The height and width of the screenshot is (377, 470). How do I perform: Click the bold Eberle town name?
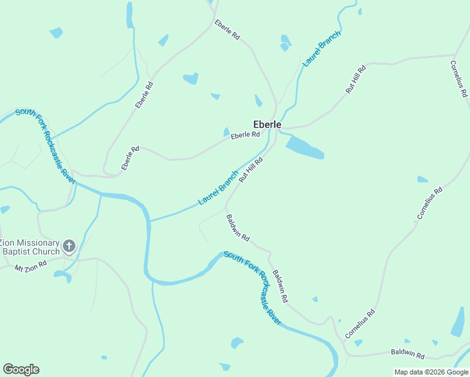tap(266, 124)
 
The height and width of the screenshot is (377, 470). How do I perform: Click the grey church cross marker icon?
tap(69, 246)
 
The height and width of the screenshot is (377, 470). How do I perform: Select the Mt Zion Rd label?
tap(31, 266)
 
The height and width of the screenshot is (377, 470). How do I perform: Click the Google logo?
tap(21, 369)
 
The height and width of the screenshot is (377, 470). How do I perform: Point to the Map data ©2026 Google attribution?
tap(431, 372)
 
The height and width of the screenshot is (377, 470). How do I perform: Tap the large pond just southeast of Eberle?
tap(305, 147)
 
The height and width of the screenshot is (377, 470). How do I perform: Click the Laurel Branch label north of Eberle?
tap(321, 48)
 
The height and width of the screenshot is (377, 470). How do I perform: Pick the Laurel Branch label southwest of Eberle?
tap(218, 188)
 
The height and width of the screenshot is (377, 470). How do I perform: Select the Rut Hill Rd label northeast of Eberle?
tap(356, 80)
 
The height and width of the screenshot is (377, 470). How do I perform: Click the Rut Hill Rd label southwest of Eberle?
tap(250, 170)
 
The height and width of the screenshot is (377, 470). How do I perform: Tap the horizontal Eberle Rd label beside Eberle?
tap(245, 135)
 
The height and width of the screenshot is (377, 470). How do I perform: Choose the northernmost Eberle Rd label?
tap(227, 30)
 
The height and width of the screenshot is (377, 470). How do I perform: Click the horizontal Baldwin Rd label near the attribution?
tap(407, 354)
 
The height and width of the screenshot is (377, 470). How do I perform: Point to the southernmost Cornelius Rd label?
tap(359, 324)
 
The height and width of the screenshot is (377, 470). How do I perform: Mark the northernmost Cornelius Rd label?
tap(459, 78)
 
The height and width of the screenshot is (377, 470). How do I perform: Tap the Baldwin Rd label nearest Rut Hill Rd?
tap(238, 227)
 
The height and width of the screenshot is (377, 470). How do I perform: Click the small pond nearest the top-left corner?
tap(56, 32)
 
